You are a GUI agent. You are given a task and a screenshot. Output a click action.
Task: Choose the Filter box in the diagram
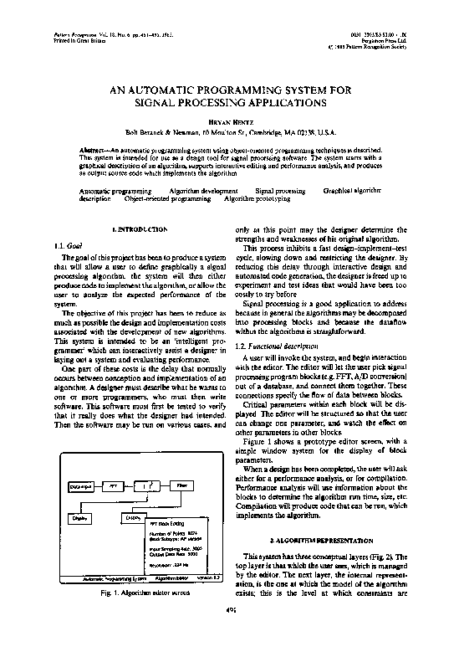pyautogui.click(x=181, y=485)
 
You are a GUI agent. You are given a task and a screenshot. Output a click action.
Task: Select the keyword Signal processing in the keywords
pyautogui.click(x=279, y=192)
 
